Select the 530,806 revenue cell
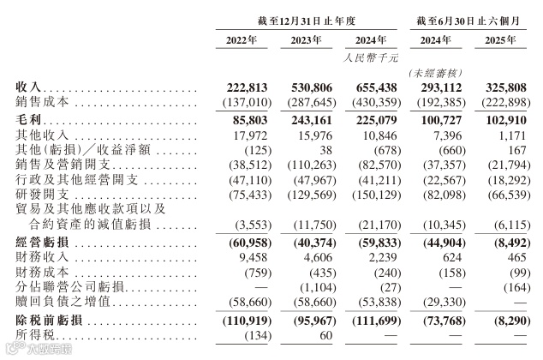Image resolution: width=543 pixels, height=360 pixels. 309,87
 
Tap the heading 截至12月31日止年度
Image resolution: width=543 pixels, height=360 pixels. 309,16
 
